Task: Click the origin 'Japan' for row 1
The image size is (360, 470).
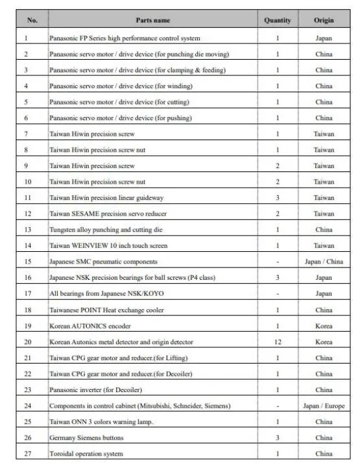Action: pyautogui.click(x=324, y=38)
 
